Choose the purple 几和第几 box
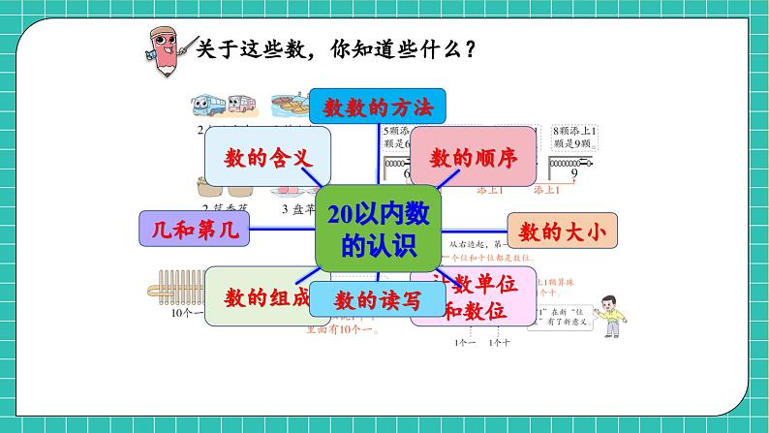pos(195,231)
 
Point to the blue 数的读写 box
pos(378,301)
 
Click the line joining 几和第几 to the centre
pos(283,231)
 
